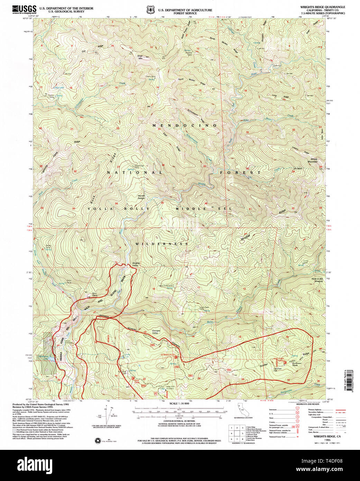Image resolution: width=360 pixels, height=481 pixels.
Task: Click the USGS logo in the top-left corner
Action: tap(24, 9)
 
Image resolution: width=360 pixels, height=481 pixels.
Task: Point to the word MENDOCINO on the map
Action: tap(185, 125)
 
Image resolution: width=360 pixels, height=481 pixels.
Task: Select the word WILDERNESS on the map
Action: tap(161, 244)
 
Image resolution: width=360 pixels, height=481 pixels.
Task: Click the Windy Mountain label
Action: tap(312, 160)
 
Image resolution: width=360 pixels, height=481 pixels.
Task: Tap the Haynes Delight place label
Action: tap(141, 197)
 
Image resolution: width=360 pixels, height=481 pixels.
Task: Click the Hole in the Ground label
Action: tap(317, 280)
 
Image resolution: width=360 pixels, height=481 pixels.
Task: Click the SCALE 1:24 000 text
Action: tap(179, 403)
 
